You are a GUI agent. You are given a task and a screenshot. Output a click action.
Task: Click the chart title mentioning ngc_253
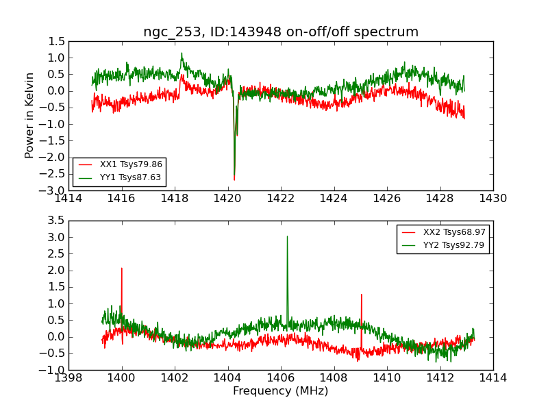280,32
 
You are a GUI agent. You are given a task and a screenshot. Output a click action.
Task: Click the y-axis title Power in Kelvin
30,115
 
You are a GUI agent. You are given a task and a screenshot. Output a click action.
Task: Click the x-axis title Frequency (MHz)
280,391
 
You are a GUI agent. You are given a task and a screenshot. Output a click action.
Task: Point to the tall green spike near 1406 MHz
287,237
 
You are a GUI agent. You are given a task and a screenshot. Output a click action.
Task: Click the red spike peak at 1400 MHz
122,269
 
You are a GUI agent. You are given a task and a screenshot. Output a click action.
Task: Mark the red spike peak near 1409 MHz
361,295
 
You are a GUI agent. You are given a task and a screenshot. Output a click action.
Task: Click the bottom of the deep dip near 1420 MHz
234,179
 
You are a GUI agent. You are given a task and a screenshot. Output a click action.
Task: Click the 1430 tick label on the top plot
493,199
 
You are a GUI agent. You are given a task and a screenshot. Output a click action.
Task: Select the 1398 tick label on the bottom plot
68,378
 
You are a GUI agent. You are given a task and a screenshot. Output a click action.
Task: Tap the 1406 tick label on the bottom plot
280,378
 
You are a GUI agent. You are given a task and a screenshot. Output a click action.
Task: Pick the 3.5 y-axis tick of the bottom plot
57,221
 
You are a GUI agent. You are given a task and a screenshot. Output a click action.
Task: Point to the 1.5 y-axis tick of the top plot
57,41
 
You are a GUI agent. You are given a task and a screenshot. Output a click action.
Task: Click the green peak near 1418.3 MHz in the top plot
182,53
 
